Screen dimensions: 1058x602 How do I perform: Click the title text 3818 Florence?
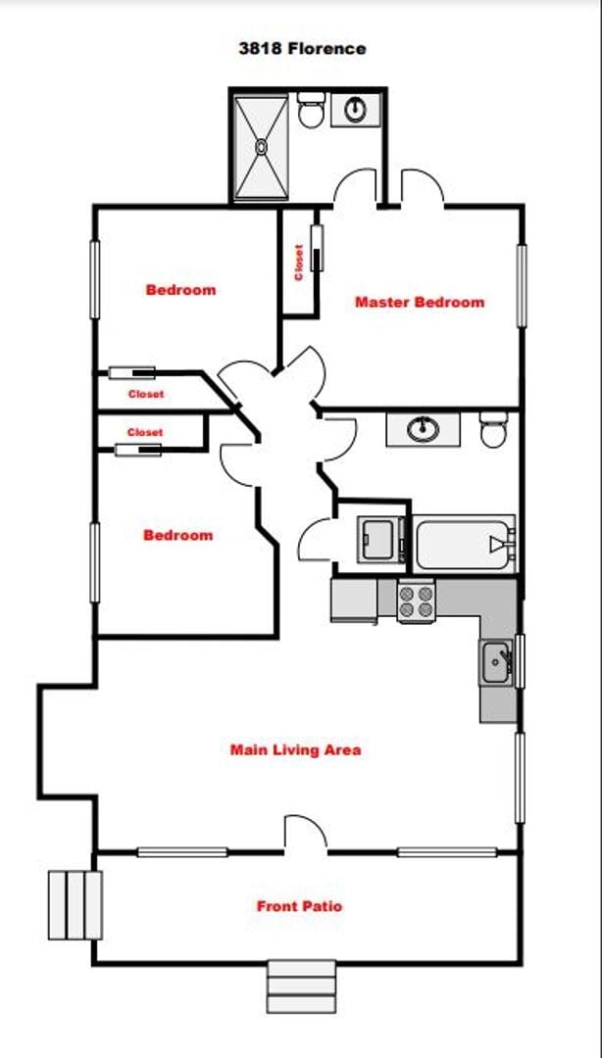pyautogui.click(x=302, y=47)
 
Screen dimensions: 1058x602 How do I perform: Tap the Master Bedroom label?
pyautogui.click(x=419, y=302)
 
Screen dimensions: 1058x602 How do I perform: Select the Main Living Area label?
pyautogui.click(x=295, y=750)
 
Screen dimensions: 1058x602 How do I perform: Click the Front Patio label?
pyautogui.click(x=299, y=906)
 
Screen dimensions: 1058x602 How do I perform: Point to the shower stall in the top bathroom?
pyautogui.click(x=262, y=146)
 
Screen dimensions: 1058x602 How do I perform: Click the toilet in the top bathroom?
pyautogui.click(x=312, y=110)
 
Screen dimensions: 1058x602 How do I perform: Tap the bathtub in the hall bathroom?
pyautogui.click(x=464, y=544)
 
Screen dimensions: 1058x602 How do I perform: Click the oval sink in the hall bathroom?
pyautogui.click(x=423, y=429)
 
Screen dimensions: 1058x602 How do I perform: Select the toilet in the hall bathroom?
pyautogui.click(x=494, y=429)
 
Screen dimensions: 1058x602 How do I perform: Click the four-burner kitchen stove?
pyautogui.click(x=417, y=600)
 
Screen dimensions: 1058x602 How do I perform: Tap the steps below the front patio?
pyautogui.click(x=302, y=986)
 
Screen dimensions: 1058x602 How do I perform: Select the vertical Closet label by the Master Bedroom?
pyautogui.click(x=299, y=262)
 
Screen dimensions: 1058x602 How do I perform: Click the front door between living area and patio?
pyautogui.click(x=305, y=835)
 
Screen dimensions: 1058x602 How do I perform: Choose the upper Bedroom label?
pyautogui.click(x=180, y=290)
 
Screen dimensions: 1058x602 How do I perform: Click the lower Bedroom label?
pyautogui.click(x=177, y=535)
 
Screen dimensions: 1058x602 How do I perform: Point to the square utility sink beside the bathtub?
pyautogui.click(x=377, y=538)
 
